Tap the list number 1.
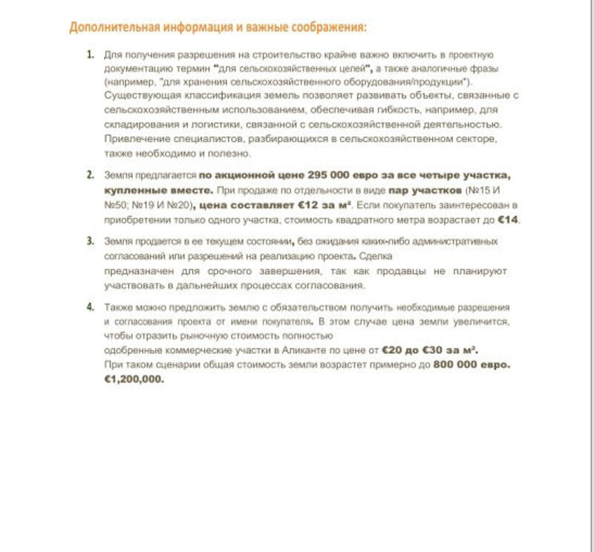pyautogui.click(x=90, y=55)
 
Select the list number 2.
pyautogui.click(x=90, y=175)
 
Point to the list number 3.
pyautogui.click(x=90, y=241)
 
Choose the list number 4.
pyautogui.click(x=90, y=306)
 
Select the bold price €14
pyautogui.click(x=509, y=220)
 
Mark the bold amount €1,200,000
pyautogui.click(x=134, y=378)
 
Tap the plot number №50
pyautogui.click(x=115, y=205)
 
